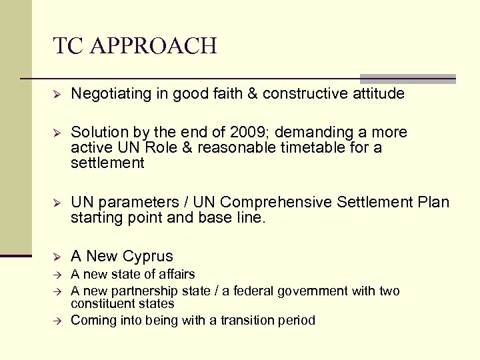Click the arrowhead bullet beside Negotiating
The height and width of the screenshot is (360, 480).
click(x=57, y=95)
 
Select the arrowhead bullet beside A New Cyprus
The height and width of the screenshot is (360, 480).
click(x=57, y=257)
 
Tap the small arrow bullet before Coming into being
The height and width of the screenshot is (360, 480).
click(x=57, y=321)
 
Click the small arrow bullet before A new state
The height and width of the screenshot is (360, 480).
click(x=57, y=275)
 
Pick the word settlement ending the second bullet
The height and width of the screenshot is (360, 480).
click(x=107, y=163)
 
